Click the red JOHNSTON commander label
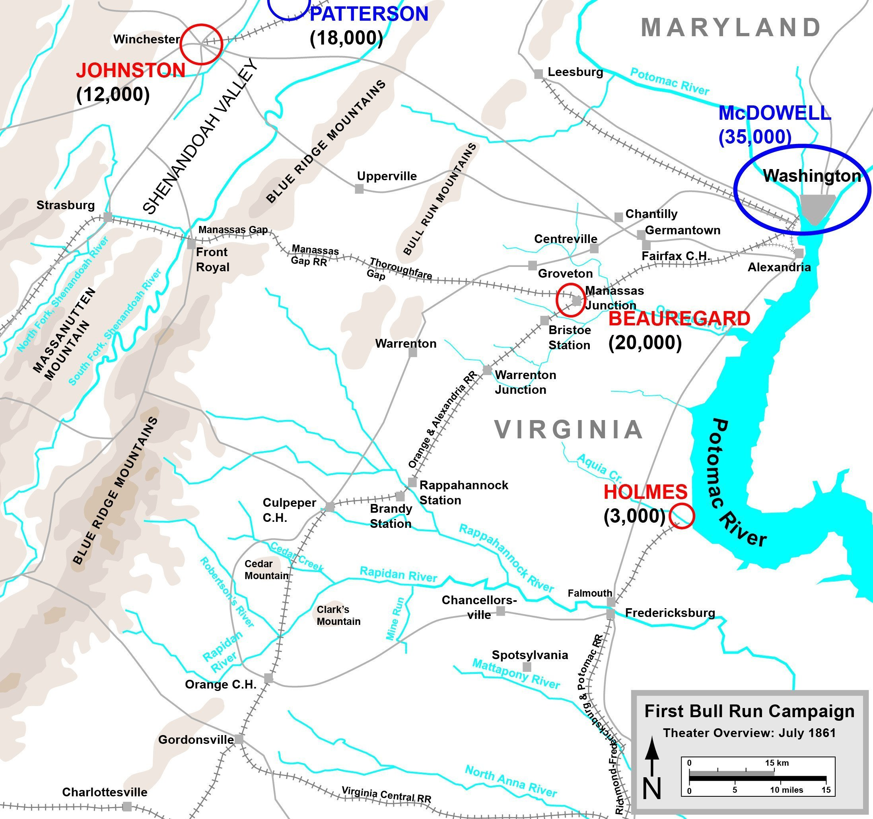point(130,71)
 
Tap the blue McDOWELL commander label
point(774,113)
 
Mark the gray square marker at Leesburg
point(539,74)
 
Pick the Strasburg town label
point(66,205)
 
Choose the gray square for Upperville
point(359,189)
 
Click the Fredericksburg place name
point(670,613)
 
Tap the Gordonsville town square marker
point(239,739)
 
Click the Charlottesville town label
point(105,792)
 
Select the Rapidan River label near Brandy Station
point(398,574)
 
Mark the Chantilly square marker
point(618,217)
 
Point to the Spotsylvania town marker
point(527,667)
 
